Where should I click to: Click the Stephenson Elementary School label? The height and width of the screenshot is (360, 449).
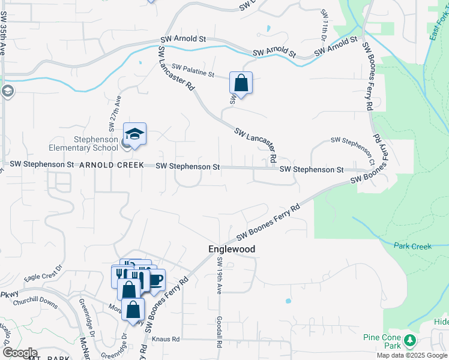tap(96, 145)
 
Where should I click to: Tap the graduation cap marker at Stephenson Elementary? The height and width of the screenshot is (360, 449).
tap(135, 134)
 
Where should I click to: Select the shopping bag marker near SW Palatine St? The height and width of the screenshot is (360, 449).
tap(241, 83)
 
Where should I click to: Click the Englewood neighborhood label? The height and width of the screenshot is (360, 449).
tap(232, 249)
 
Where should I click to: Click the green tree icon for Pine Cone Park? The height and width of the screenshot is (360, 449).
tap(411, 340)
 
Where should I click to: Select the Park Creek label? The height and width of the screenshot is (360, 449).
tap(413, 246)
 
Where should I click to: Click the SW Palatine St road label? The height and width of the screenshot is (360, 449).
tap(193, 70)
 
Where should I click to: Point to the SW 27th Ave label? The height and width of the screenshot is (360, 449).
tap(115, 113)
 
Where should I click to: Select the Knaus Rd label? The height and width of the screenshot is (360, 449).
tap(166, 340)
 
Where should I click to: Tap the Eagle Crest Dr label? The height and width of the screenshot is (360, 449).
tap(43, 274)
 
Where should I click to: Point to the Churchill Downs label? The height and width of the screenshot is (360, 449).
tap(38, 304)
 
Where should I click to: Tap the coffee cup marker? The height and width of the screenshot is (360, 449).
tap(155, 279)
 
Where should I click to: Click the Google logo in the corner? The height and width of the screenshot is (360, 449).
tap(19, 353)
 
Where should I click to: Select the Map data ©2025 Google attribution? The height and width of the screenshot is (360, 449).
tap(412, 355)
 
